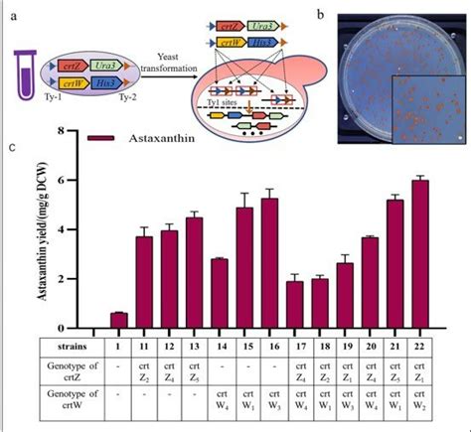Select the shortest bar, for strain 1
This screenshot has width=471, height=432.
pos(118,320)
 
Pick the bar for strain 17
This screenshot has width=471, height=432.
pos(294,304)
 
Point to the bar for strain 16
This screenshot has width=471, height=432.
pos(268,263)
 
